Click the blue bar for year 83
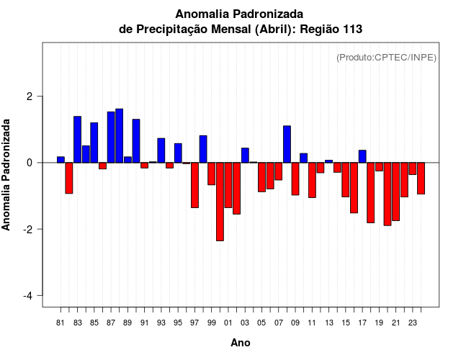(x=77, y=139)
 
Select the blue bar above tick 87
(x=111, y=137)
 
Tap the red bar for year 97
(x=194, y=185)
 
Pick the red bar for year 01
(x=228, y=185)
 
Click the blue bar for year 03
(x=245, y=155)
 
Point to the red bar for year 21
(x=395, y=192)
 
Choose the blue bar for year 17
(x=362, y=156)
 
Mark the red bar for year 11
(x=312, y=180)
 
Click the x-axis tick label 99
(x=212, y=323)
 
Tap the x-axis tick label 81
(x=61, y=323)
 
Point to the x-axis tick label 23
(x=412, y=323)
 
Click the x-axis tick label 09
(x=295, y=323)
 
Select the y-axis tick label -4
(x=29, y=296)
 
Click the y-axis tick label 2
(x=31, y=96)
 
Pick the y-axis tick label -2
(x=29, y=230)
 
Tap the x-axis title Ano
(x=241, y=343)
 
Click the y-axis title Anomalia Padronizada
(x=6, y=175)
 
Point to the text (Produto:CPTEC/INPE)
(x=386, y=57)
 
